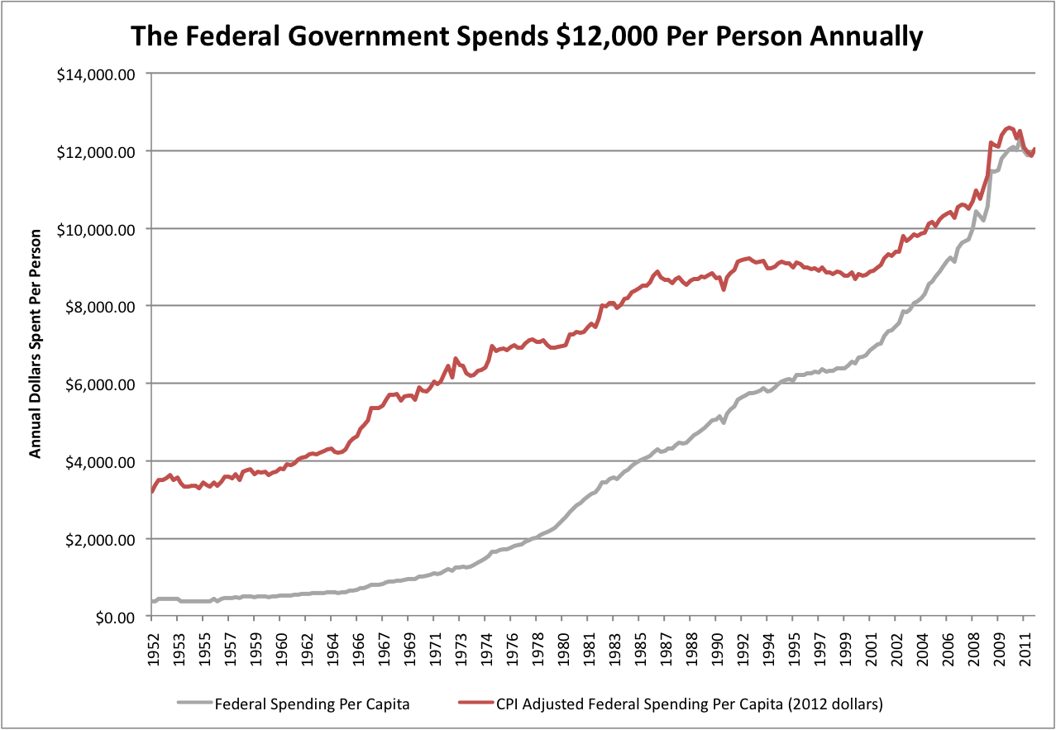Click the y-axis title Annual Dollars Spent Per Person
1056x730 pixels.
[x=36, y=345]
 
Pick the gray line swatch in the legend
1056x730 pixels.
[x=194, y=704]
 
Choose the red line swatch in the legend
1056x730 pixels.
[x=476, y=704]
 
